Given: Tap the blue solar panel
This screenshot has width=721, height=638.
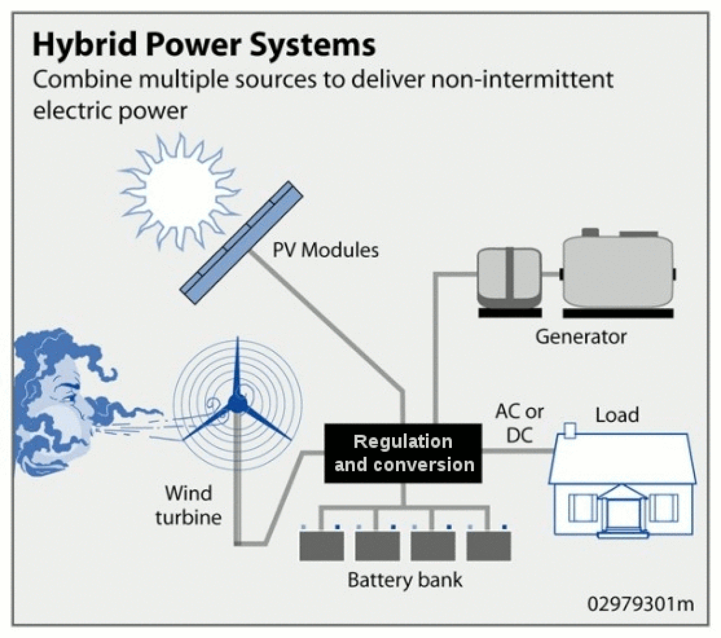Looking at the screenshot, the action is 241,243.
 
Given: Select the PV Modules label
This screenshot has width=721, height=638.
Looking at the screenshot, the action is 325,250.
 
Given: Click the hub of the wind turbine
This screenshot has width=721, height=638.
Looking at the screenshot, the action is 235,402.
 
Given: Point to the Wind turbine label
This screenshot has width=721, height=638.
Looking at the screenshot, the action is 189,505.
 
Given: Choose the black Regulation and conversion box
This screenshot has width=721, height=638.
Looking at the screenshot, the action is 403,453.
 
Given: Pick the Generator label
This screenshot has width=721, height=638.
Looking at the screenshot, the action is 581,337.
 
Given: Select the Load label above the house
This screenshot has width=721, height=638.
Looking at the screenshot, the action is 617,415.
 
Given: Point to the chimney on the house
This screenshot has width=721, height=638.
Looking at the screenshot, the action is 570,430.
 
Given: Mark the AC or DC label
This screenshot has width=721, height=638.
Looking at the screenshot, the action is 519,423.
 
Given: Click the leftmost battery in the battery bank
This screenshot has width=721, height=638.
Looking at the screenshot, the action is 322,546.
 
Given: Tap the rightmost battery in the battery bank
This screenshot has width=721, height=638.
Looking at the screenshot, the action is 488,546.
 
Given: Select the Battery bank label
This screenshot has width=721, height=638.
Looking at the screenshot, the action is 405,580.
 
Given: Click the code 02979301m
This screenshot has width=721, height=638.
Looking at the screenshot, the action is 640,604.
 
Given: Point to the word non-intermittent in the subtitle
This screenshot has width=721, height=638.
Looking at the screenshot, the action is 522,79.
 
